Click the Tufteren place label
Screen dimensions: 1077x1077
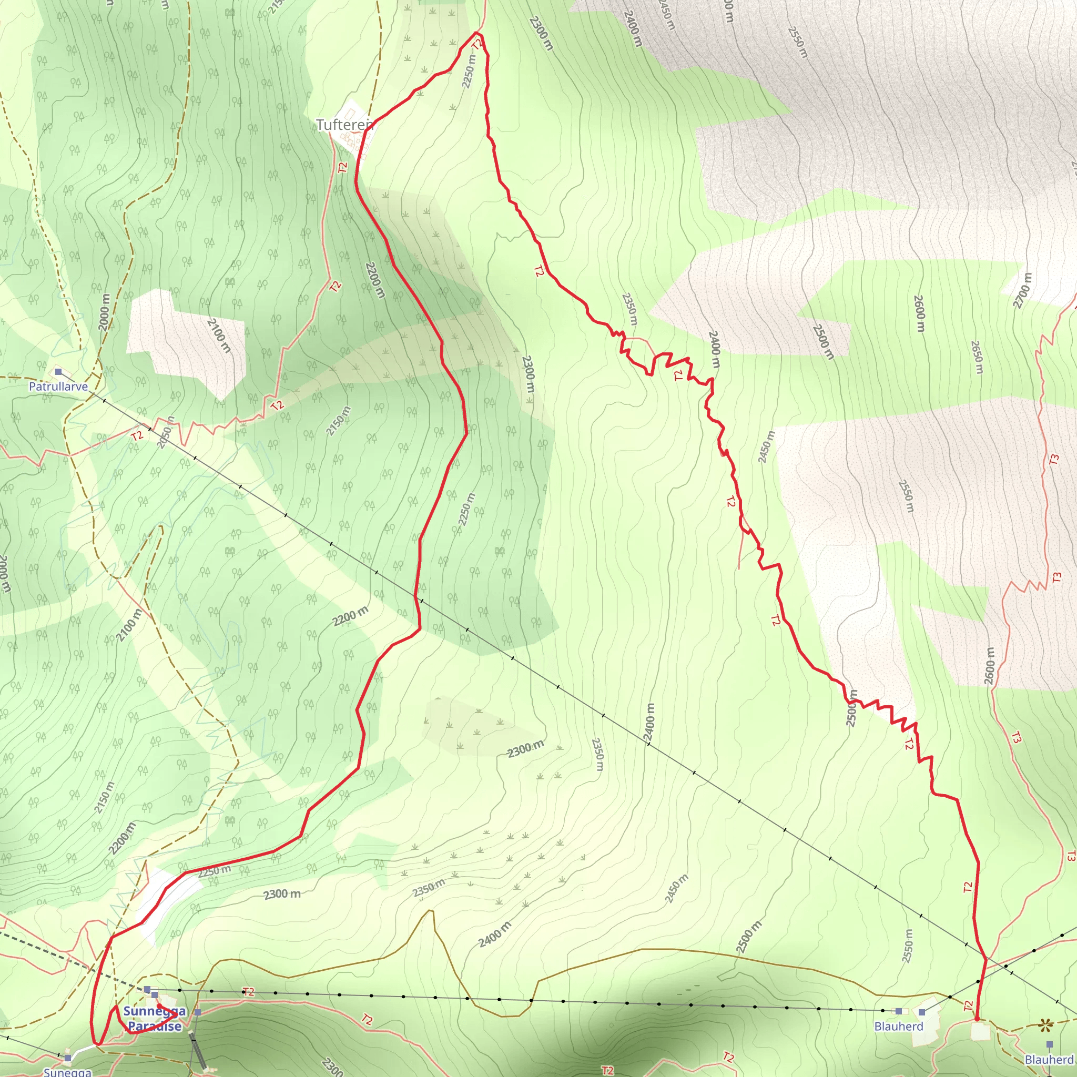[x=344, y=125]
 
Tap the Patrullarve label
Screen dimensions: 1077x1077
[x=58, y=387]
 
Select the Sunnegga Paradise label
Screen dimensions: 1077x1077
[x=155, y=1018]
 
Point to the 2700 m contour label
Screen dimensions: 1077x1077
[x=1022, y=290]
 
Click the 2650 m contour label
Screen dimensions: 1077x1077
[x=977, y=357]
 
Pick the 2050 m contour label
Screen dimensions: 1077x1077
[x=165, y=432]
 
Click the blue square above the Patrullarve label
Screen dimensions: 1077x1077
[x=58, y=371]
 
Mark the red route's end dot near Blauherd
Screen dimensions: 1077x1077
[x=977, y=1020]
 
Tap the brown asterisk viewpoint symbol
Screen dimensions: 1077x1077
[x=1045, y=1024]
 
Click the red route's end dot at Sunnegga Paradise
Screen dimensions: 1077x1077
[x=159, y=1006]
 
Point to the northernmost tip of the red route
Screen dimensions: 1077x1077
[x=479, y=33]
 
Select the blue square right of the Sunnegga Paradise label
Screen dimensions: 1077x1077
[x=197, y=1012]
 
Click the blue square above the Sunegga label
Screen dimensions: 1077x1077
[x=67, y=1058]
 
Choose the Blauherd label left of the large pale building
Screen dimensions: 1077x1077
[x=899, y=1027]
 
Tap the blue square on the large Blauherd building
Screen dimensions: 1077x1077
[x=922, y=1012]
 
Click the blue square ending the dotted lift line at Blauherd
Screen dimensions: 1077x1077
[x=899, y=1011]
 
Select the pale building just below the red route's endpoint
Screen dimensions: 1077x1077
[x=981, y=1031]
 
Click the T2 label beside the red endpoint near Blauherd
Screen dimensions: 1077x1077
[x=968, y=1005]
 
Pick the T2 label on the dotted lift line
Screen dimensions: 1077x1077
[x=249, y=992]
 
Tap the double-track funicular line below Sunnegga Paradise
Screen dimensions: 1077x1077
[x=198, y=1052]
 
